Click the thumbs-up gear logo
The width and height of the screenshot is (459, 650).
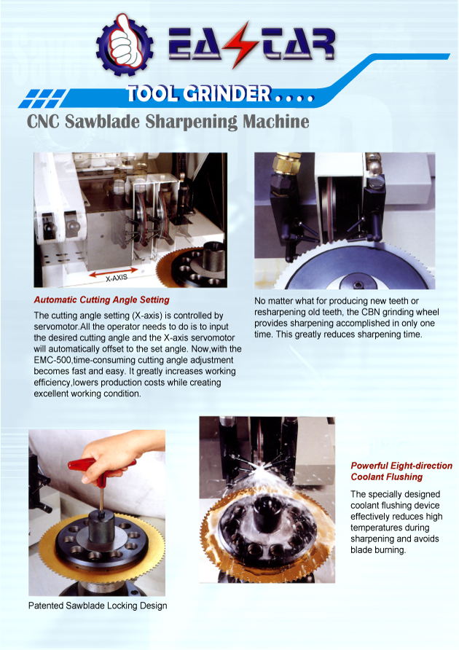(x=125, y=44)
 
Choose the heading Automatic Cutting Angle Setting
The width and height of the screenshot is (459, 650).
(x=101, y=299)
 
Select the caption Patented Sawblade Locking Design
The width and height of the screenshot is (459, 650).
(x=98, y=606)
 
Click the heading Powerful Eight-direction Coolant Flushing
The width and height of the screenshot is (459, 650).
(x=401, y=471)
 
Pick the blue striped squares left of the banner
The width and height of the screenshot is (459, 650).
(x=42, y=98)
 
